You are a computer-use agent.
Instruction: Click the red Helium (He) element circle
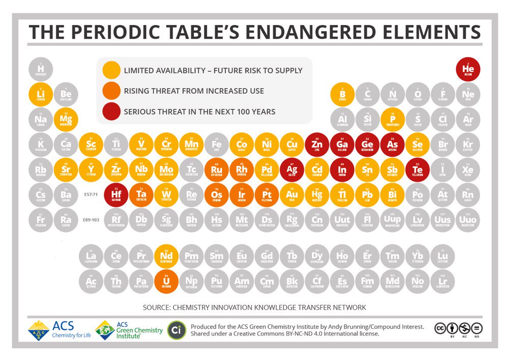(x=468, y=70)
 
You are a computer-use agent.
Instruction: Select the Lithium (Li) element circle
(x=41, y=95)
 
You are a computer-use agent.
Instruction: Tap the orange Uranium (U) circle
(x=166, y=282)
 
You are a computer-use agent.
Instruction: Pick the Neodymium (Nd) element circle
(x=166, y=257)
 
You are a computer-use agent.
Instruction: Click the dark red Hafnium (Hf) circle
(x=116, y=195)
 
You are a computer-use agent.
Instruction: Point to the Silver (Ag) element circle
(x=292, y=170)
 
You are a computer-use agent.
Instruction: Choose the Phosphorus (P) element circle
(x=392, y=120)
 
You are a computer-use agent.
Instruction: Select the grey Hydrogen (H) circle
(x=41, y=70)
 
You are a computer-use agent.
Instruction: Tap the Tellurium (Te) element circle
(x=417, y=170)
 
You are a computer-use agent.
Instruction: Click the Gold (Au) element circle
(x=292, y=195)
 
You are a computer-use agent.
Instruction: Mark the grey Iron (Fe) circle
(x=217, y=145)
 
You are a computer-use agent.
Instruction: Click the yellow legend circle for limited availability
(x=111, y=70)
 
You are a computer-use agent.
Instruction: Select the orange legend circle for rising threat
(x=111, y=91)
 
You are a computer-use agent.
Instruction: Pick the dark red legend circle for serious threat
(x=111, y=112)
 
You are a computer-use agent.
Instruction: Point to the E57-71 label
(x=91, y=195)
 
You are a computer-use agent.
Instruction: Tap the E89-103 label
(x=91, y=219)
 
